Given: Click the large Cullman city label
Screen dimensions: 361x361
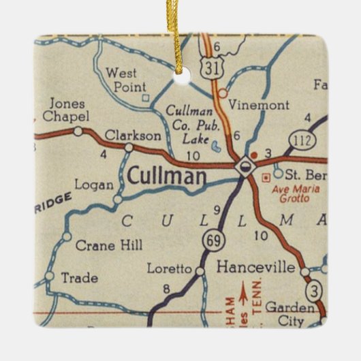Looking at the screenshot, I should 166,177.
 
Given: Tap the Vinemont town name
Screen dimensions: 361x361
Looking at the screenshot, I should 259,105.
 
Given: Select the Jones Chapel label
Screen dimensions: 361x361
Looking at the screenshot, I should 65,110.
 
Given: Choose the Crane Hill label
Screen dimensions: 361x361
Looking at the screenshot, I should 109,245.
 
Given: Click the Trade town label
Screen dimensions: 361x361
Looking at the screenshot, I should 79,278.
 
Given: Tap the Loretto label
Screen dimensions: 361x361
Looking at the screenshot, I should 170,268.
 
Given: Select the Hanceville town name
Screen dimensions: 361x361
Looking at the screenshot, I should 255,268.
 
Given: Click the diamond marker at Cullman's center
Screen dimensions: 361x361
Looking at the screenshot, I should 244,166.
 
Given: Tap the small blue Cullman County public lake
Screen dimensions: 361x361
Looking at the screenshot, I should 216,145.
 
